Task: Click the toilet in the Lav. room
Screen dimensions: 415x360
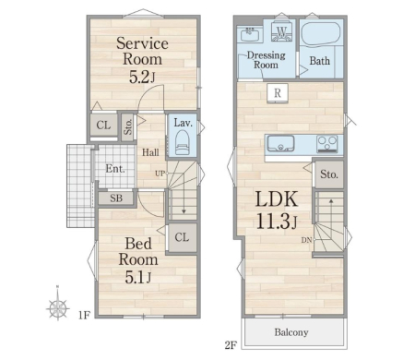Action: click(182, 142)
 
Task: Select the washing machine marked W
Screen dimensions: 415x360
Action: click(281, 31)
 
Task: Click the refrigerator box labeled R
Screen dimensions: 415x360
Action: click(278, 92)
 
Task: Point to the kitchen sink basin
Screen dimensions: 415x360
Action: click(280, 144)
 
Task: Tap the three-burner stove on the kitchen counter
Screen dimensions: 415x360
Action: click(327, 144)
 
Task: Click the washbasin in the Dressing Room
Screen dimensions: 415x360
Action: click(252, 34)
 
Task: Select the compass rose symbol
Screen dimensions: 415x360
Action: click(58, 306)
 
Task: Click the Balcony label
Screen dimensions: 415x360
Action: click(291, 332)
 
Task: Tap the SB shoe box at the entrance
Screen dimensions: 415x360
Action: click(116, 198)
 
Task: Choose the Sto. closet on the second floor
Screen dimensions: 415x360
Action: click(329, 174)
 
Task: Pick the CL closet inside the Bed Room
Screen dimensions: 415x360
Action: click(182, 237)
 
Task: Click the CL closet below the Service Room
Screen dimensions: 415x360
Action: click(103, 126)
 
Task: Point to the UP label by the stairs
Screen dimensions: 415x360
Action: click(160, 174)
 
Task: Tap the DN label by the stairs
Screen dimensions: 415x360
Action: click(306, 240)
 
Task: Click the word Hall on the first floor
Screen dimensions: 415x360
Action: click(150, 152)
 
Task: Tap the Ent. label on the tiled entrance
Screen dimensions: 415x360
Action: click(115, 169)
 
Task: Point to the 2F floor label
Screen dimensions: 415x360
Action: click(231, 345)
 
